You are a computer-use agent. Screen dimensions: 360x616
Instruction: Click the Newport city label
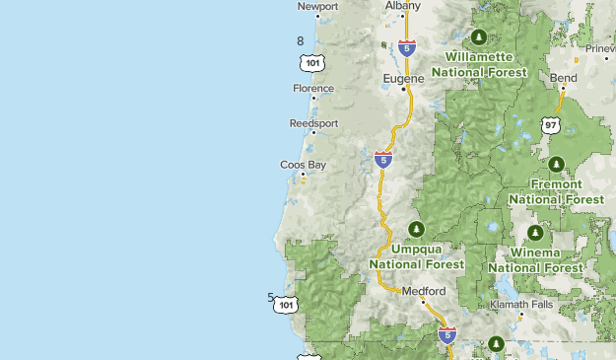click(x=317, y=7)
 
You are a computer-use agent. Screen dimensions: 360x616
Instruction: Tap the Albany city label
click(x=402, y=6)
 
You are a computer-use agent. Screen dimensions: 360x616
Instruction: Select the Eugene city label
click(x=403, y=78)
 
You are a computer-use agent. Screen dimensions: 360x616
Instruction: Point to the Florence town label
click(x=313, y=89)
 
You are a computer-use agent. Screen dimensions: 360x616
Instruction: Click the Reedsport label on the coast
click(x=313, y=124)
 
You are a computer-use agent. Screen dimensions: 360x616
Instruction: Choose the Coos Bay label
click(x=303, y=165)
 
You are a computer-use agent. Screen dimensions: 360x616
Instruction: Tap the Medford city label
click(x=424, y=291)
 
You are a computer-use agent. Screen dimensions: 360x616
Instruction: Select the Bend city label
click(x=564, y=77)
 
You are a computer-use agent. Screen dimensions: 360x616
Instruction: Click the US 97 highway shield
click(x=550, y=125)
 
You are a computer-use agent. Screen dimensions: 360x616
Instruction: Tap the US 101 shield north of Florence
click(x=312, y=62)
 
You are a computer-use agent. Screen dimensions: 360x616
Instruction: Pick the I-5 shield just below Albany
click(x=407, y=46)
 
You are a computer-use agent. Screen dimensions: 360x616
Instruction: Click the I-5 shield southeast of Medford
click(x=447, y=335)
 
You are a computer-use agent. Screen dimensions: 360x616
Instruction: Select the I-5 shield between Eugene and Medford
click(x=383, y=159)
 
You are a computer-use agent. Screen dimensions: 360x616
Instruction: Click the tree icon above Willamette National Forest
click(x=479, y=38)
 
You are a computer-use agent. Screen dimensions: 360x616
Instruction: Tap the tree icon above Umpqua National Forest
click(x=416, y=230)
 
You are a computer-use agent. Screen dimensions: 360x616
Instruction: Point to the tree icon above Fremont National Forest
click(x=556, y=165)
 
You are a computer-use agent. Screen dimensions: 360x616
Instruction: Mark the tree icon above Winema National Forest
click(x=535, y=234)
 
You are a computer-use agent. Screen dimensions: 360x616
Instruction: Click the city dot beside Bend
click(x=564, y=88)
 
